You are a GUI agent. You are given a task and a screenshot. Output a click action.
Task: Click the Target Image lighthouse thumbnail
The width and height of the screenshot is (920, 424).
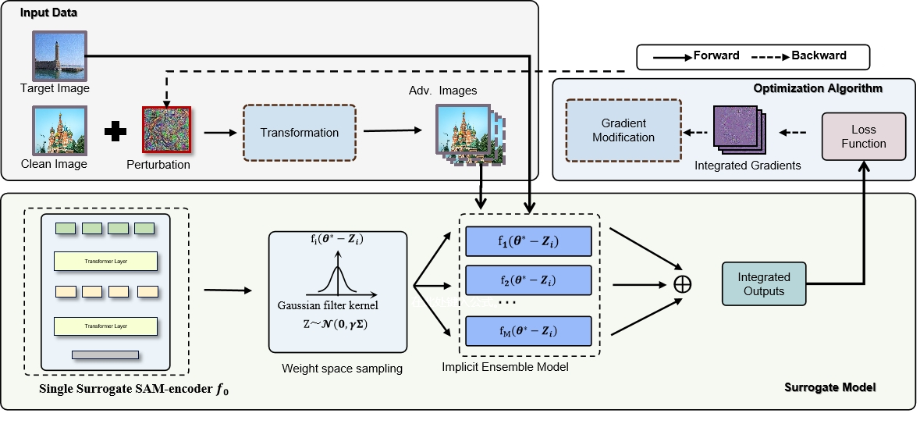(59, 56)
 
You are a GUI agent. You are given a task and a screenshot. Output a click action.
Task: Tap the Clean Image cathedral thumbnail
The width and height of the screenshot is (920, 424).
(53, 131)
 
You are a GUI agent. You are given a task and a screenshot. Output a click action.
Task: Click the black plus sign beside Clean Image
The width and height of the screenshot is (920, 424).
(115, 132)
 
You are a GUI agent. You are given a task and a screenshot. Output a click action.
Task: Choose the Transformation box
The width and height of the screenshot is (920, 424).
(300, 133)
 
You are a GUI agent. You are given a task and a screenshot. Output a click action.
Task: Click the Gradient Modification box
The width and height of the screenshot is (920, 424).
(623, 131)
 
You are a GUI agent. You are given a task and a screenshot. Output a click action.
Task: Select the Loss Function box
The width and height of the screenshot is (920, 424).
(863, 137)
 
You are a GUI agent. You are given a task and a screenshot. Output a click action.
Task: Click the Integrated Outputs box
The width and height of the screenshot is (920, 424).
(763, 283)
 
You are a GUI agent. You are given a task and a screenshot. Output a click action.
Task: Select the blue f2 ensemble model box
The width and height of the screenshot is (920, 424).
(527, 280)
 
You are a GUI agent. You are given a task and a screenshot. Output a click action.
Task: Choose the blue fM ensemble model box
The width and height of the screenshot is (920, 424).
(527, 330)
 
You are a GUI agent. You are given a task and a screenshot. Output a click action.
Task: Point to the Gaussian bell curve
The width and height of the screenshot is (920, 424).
(338, 279)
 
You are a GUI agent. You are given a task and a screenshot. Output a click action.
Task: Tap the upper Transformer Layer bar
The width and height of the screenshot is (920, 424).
(105, 260)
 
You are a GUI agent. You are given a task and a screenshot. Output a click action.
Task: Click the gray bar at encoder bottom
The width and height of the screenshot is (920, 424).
(105, 355)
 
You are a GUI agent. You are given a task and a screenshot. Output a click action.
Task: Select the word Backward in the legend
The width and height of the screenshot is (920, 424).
(819, 55)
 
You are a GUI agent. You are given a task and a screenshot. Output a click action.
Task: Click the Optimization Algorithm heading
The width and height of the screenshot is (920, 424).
(818, 88)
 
